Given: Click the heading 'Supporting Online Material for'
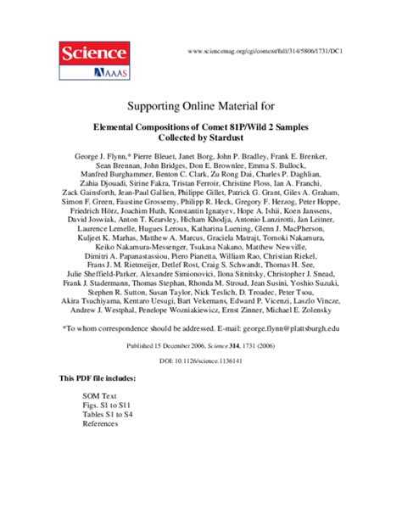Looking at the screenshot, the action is pos(201,109).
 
